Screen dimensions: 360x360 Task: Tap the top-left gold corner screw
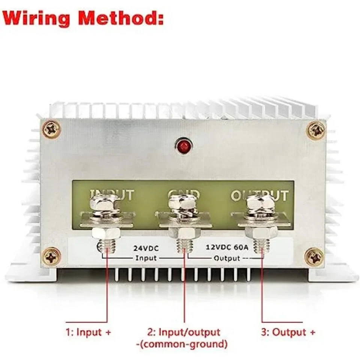tap(52, 130)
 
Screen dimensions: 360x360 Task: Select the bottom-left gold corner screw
tap(52, 257)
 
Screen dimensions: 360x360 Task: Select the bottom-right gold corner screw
tap(315, 257)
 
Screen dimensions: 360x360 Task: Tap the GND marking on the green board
tap(184, 194)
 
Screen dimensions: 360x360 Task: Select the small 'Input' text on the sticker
tap(146, 258)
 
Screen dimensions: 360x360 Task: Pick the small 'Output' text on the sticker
tap(226, 258)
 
